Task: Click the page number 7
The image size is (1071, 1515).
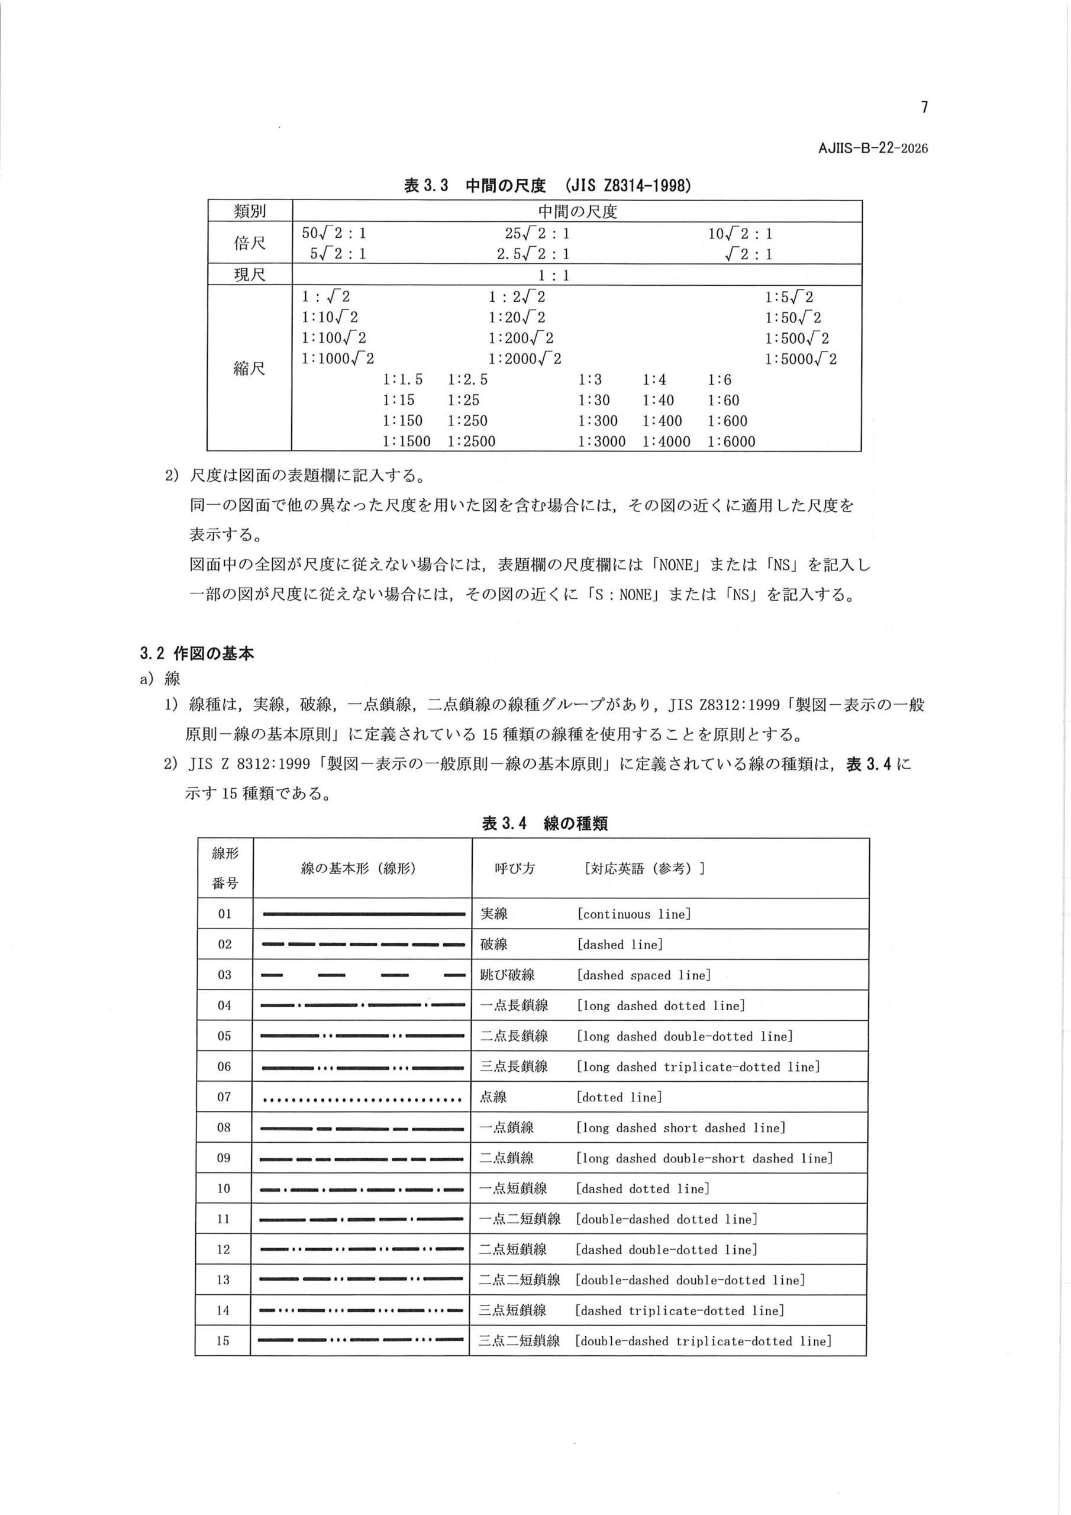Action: [924, 107]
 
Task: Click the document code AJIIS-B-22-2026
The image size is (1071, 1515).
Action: [872, 149]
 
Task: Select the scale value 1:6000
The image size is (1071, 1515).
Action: [731, 441]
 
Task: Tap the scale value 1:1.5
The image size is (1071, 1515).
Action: [402, 379]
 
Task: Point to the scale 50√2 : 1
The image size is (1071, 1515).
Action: [334, 233]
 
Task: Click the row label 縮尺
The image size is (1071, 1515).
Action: [250, 368]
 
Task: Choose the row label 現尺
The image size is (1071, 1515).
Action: [250, 275]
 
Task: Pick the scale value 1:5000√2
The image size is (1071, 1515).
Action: [801, 359]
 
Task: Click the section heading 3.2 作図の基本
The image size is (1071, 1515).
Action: [196, 654]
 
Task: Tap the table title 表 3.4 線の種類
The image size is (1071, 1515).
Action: [544, 823]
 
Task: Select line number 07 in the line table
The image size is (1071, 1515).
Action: [224, 1097]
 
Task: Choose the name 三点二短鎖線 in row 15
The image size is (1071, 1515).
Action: [520, 1340]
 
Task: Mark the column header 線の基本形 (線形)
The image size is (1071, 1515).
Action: [359, 868]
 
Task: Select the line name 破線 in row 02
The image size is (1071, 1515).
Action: [493, 945]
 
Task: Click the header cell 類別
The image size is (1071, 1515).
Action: [250, 211]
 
